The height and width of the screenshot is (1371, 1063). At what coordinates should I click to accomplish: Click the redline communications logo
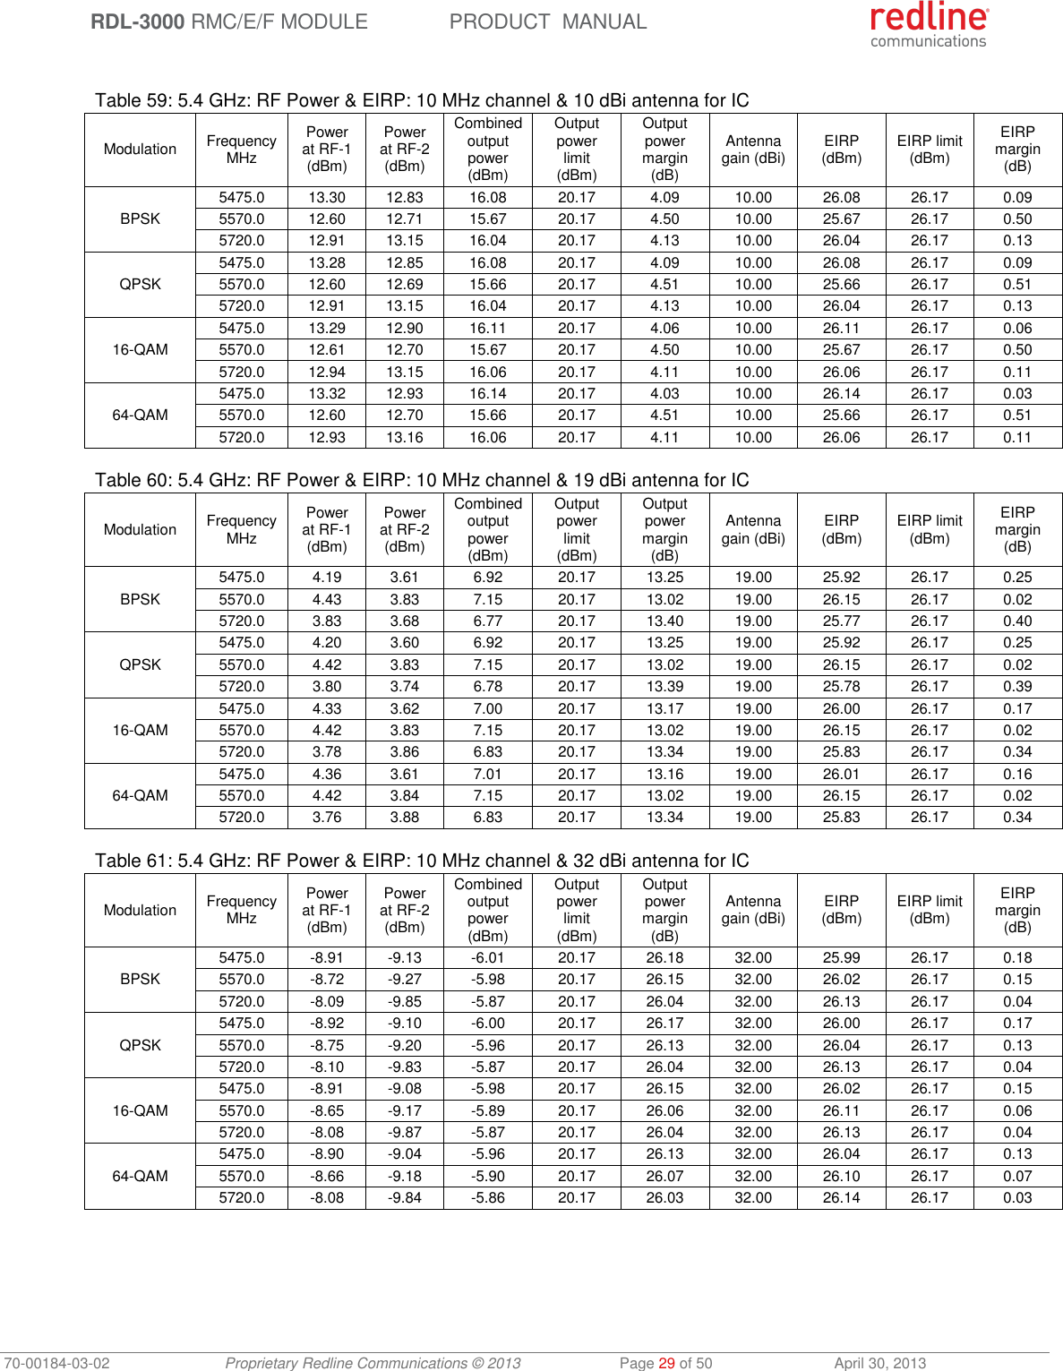click(929, 25)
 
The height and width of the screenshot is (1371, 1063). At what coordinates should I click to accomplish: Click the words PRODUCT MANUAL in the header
click(547, 21)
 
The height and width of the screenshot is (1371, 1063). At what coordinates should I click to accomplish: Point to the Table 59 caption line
click(422, 100)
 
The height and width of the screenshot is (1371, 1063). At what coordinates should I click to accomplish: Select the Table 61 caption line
click(422, 861)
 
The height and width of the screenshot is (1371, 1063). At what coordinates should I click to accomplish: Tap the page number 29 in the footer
click(666, 1363)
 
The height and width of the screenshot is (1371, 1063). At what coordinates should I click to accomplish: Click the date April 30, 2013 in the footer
click(879, 1363)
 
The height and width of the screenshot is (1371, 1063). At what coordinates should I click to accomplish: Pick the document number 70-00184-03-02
click(56, 1363)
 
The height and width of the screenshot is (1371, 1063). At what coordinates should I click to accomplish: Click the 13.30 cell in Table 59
click(327, 197)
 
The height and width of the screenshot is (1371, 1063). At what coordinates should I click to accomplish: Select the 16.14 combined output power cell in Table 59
click(487, 393)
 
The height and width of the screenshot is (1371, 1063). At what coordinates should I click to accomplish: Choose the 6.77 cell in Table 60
click(487, 621)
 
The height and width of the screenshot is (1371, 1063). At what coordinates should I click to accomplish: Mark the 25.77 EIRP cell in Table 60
click(841, 621)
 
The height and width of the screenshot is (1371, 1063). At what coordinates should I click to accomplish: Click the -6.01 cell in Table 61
click(487, 957)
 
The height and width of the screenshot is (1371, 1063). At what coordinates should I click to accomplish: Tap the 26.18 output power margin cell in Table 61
click(664, 957)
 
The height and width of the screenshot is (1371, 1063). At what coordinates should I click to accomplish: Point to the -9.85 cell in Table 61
click(405, 1001)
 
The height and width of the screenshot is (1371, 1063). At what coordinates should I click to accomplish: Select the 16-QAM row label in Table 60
click(140, 730)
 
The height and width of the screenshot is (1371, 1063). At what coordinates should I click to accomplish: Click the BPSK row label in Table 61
click(140, 979)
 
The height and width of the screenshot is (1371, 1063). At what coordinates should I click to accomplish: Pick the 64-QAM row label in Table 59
click(140, 415)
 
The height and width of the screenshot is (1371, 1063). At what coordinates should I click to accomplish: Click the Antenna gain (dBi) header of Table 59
click(753, 150)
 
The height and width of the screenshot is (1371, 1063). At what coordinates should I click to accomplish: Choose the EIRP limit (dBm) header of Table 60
click(930, 529)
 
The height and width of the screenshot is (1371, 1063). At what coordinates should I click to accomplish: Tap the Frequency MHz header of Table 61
click(241, 910)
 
